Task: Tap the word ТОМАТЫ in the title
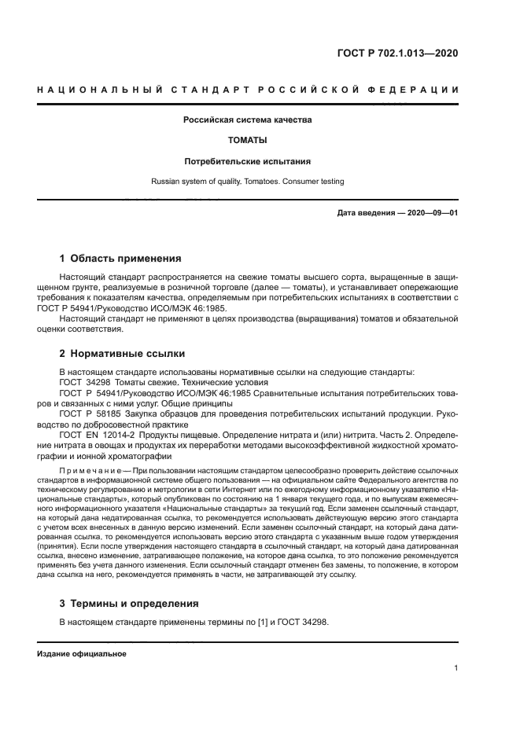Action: coord(247,141)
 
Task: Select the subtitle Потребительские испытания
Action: coord(247,161)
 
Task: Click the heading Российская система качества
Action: coord(247,120)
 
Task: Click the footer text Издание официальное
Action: coord(82,654)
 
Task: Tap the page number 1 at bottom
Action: coord(455,668)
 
